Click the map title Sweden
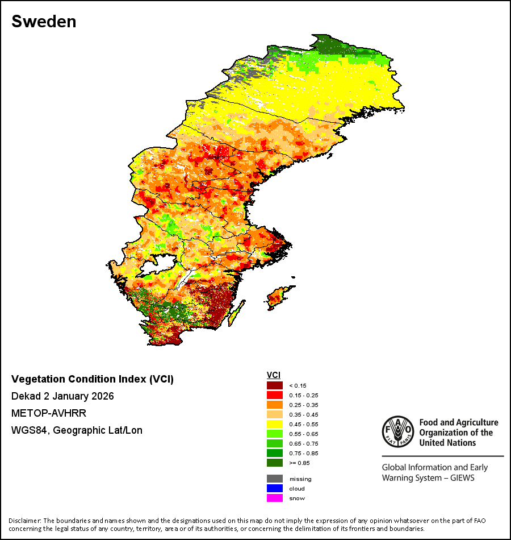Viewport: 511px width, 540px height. point(44,22)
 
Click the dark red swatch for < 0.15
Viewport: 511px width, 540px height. point(275,385)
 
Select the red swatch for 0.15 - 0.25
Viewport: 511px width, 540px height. point(275,395)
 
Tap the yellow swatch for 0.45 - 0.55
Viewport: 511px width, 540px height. point(275,424)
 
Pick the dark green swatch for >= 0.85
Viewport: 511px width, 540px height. point(275,463)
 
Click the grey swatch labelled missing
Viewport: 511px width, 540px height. point(275,479)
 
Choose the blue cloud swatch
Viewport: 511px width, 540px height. point(275,488)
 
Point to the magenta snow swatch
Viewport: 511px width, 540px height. point(275,498)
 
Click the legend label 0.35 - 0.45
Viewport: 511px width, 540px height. point(304,414)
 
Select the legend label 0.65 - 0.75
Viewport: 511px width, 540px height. point(304,443)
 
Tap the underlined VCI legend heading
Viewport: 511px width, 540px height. point(274,375)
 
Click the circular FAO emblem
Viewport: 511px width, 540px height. point(398,431)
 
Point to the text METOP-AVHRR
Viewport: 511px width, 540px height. point(49,413)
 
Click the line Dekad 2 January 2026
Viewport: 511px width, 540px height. point(62,396)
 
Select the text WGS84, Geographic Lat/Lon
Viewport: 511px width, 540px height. point(77,430)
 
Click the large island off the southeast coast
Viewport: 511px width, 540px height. point(279,297)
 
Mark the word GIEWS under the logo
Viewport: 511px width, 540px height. point(462,478)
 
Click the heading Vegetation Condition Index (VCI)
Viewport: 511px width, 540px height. point(93,379)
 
